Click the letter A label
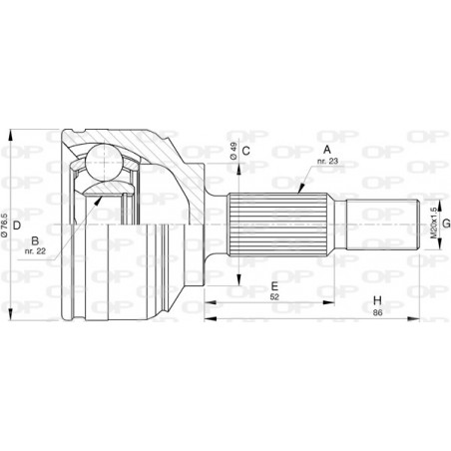(327, 150)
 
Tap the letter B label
(35, 240)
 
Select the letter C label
(245, 151)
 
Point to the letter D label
(17, 225)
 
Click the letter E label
(274, 286)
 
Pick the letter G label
(446, 224)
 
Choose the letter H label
(377, 300)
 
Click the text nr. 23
(327, 162)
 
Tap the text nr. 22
(35, 251)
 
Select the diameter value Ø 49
(233, 152)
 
